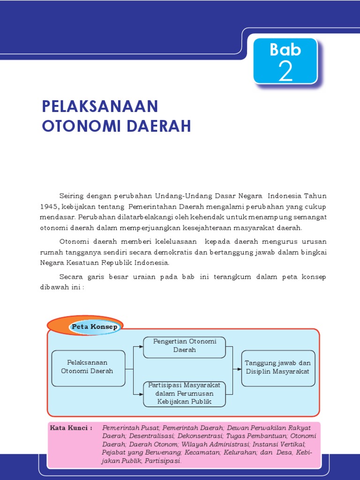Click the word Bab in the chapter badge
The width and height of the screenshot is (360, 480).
(285, 50)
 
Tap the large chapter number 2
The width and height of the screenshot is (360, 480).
(285, 72)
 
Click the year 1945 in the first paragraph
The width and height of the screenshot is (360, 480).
(48, 206)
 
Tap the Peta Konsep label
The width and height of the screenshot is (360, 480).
(95, 326)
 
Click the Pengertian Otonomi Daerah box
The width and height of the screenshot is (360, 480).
(185, 346)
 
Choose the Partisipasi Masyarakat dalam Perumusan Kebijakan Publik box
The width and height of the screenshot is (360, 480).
(185, 394)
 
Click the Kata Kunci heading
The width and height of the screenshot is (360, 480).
(70, 428)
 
